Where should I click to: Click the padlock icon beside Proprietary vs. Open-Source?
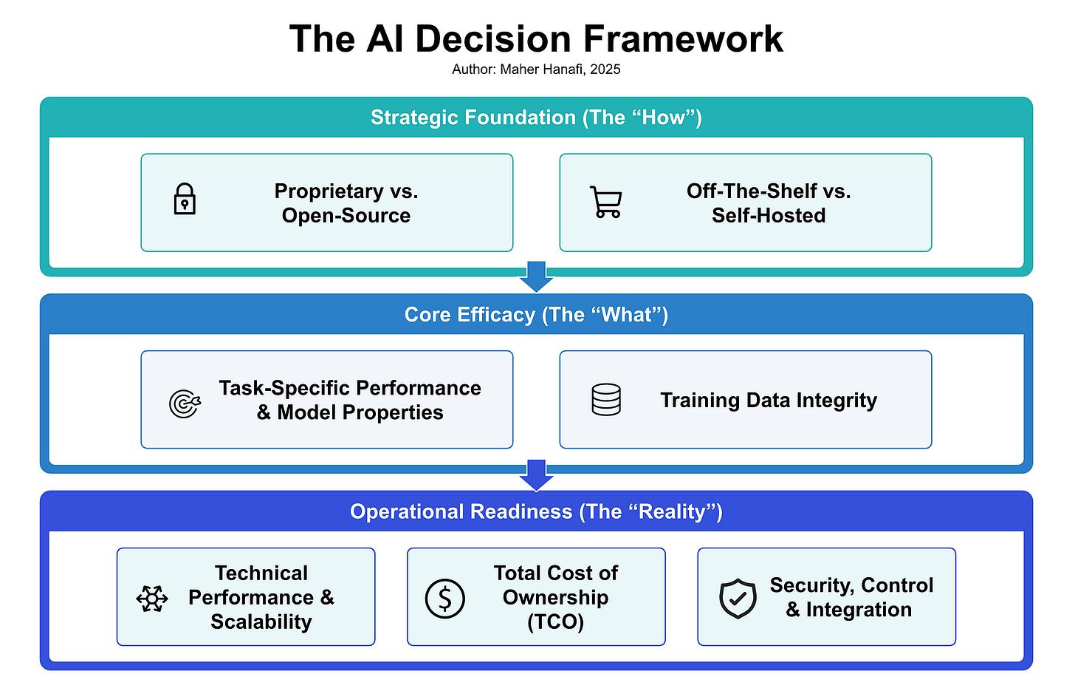pos(185,200)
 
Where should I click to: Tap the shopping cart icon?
pos(606,202)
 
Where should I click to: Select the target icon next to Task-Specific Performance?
pos(184,404)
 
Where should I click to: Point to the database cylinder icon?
pos(606,400)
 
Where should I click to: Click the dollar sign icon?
pos(445,598)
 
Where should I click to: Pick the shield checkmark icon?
pos(738,598)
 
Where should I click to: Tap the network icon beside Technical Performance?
pos(152,598)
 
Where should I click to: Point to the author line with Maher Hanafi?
pos(537,69)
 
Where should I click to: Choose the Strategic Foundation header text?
pos(537,118)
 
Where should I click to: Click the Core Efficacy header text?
pos(537,315)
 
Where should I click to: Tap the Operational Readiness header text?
pos(537,511)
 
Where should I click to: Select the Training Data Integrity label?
pos(769,400)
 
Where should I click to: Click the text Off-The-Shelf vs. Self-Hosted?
pos(769,203)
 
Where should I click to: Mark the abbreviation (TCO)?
pos(556,622)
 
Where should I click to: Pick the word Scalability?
pos(261,622)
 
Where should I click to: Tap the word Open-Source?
pos(346,216)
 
